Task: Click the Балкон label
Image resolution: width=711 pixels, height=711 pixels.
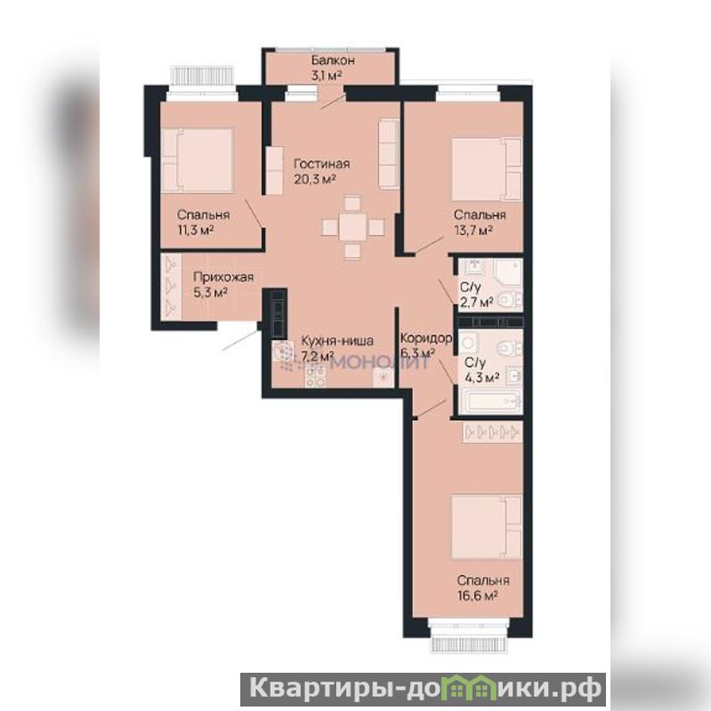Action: coord(333,61)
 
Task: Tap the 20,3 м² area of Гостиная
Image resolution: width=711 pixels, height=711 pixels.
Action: coord(315,179)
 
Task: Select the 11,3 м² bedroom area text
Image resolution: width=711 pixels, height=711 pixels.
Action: coord(196,230)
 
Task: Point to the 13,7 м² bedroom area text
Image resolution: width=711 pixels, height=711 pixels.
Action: coord(473,230)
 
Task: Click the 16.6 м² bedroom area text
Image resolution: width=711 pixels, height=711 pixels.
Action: coord(478,595)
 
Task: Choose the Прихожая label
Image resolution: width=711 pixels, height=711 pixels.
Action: coord(223,277)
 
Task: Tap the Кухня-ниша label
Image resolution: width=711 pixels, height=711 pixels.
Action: coord(337,341)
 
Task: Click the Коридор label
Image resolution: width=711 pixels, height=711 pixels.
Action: coord(426,338)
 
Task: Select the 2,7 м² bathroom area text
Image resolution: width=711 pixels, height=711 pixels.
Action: coord(477,302)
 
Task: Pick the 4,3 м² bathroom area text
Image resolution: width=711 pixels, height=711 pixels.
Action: coord(482,376)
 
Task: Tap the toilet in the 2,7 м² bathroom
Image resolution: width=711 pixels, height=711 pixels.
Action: coord(509,300)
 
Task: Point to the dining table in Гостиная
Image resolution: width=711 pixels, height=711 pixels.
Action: coord(352,226)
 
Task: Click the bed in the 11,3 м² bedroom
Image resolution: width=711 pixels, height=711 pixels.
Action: coord(198,160)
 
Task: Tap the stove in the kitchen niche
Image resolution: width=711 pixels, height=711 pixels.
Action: coord(315,376)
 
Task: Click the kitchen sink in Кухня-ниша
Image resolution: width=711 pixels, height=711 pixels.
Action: coord(284,352)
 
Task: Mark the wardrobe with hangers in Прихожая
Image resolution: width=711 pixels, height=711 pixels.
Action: coord(171,287)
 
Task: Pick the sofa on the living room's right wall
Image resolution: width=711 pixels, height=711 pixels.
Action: coord(389,153)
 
